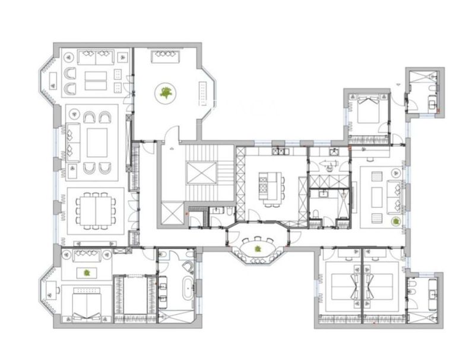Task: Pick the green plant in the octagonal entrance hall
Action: tap(166, 92)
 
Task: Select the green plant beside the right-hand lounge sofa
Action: tap(395, 221)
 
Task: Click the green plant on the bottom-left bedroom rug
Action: tap(87, 273)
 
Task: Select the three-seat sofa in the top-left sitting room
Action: tap(96, 58)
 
